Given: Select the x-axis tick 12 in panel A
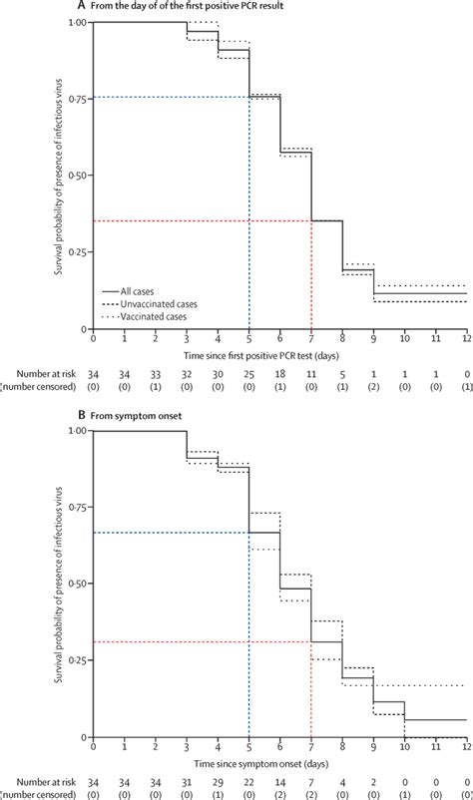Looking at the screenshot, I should tap(466, 337).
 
